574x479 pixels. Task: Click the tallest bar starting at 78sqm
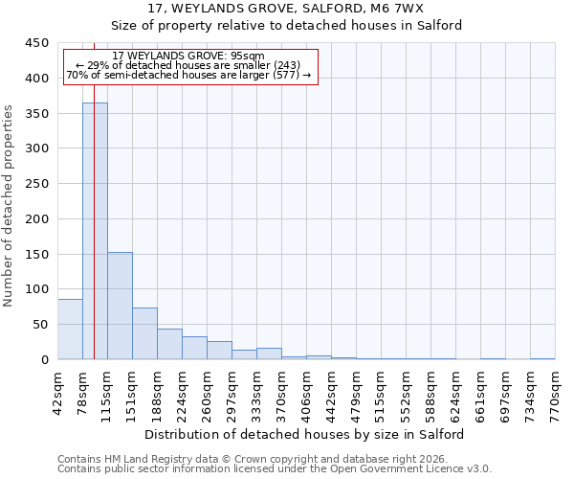[x=95, y=231]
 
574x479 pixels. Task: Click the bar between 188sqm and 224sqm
[x=169, y=344]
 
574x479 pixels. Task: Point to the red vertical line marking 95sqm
[x=94, y=239]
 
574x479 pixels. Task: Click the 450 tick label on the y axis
[x=36, y=43]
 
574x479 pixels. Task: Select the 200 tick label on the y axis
[x=36, y=218]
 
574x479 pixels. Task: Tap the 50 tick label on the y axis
[x=39, y=324]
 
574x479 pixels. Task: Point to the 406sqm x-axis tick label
[x=306, y=391]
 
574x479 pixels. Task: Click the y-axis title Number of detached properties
[x=10, y=206]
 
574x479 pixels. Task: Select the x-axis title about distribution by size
[x=305, y=434]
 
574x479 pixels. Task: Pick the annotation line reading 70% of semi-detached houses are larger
[x=188, y=75]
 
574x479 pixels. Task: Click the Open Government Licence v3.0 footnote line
[x=275, y=468]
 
